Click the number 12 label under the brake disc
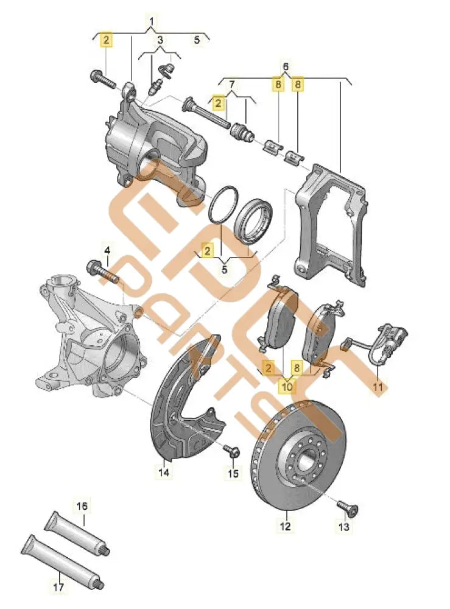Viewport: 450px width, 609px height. click(285, 525)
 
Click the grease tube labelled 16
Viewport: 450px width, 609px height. click(78, 526)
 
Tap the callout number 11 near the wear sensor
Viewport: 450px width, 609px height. click(379, 386)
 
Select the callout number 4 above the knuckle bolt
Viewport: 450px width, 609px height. click(107, 250)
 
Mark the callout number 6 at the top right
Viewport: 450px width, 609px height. click(286, 65)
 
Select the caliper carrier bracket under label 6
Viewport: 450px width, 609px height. click(332, 225)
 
